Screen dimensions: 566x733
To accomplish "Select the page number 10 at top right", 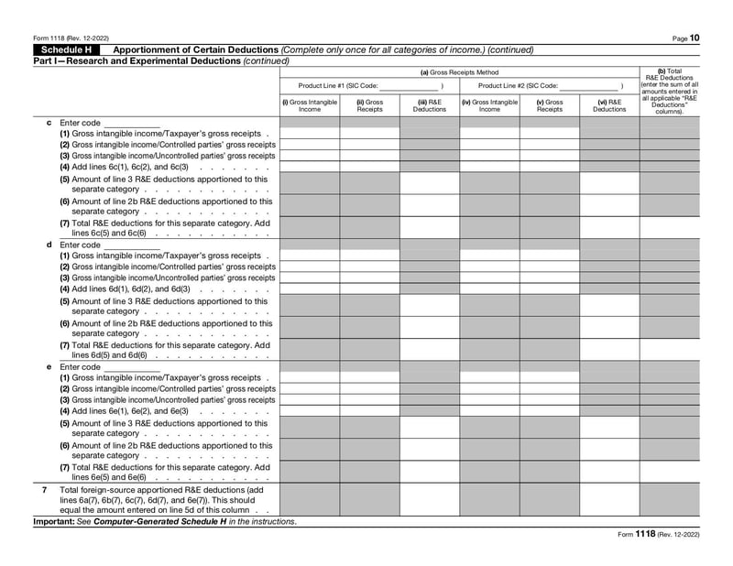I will click(695, 38).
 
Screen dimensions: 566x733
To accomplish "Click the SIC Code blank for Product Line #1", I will click(409, 86).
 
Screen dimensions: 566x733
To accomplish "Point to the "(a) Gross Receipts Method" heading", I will click(459, 71).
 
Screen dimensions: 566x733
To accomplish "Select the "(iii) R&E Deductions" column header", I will click(430, 105).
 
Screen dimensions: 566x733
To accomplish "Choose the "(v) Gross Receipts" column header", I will click(550, 105).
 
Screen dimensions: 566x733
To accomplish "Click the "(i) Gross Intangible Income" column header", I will click(310, 105).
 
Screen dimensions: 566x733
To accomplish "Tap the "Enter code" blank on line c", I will click(132, 123).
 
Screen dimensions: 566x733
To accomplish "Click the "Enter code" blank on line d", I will click(132, 245).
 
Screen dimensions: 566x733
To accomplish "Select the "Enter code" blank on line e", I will click(132, 367).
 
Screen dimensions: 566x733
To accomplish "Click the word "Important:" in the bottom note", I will click(52, 522).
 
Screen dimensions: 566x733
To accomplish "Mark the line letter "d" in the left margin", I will click(49, 245).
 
